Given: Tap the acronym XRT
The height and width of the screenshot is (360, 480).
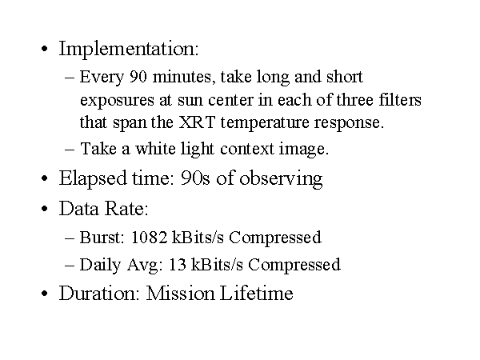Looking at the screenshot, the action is point(197,122).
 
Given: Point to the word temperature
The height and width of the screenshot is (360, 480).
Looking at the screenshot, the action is point(265,123).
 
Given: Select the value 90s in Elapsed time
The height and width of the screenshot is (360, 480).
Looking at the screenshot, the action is point(195,178).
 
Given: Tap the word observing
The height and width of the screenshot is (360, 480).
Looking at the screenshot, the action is point(281,179).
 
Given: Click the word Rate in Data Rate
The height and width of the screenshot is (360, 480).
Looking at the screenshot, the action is point(126,209).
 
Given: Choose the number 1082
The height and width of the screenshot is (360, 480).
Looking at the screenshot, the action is point(149,238).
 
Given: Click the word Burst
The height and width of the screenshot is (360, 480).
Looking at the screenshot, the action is point(102,238).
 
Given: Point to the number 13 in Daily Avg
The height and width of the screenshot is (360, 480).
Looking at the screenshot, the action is point(178,264).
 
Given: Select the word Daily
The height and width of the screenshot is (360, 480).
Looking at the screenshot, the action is point(100,265).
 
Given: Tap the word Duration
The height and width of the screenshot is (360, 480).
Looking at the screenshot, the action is point(99,293).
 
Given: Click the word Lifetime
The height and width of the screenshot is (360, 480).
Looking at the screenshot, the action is point(257,293).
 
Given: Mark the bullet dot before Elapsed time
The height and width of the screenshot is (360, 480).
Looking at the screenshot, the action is point(44,178).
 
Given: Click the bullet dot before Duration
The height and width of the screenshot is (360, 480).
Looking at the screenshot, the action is point(44,294).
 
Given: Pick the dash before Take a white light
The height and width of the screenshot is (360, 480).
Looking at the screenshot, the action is point(70,150).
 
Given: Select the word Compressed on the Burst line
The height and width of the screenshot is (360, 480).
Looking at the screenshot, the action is point(275,238).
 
